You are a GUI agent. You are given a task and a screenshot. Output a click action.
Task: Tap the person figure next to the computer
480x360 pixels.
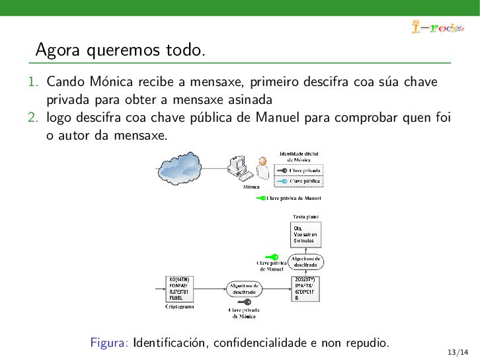[x=262, y=169]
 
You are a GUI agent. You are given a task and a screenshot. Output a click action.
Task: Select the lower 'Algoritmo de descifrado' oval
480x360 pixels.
[x=244, y=289]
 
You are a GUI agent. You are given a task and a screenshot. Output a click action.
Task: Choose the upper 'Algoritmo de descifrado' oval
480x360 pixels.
[x=305, y=262]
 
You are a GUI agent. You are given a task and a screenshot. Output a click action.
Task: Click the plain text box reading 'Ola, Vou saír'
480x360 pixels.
[x=305, y=234]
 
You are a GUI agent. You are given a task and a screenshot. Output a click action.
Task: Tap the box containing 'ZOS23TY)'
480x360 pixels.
[x=305, y=289]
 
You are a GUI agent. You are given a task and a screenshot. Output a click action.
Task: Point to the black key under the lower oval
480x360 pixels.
[x=243, y=302]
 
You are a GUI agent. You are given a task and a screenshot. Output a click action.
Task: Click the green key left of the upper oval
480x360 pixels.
[x=271, y=257]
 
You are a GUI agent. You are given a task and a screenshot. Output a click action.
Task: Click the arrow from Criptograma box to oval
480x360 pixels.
[x=210, y=289]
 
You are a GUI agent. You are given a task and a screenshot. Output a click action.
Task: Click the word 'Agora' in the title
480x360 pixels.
[x=55, y=50]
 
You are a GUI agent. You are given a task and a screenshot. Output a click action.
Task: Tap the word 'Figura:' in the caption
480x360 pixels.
[x=109, y=343]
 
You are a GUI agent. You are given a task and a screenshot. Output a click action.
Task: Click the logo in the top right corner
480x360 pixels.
[x=436, y=27]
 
